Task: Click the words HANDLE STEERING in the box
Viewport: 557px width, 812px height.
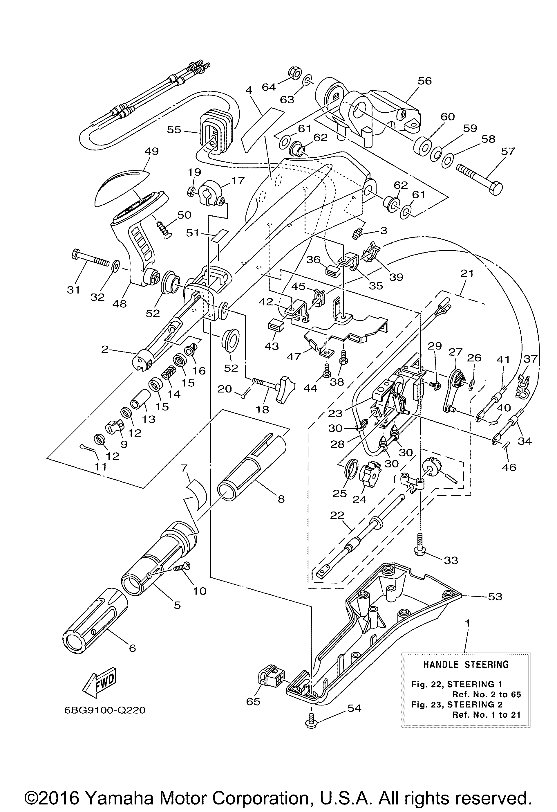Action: pos(466,664)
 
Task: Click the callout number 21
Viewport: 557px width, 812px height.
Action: pos(467,273)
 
